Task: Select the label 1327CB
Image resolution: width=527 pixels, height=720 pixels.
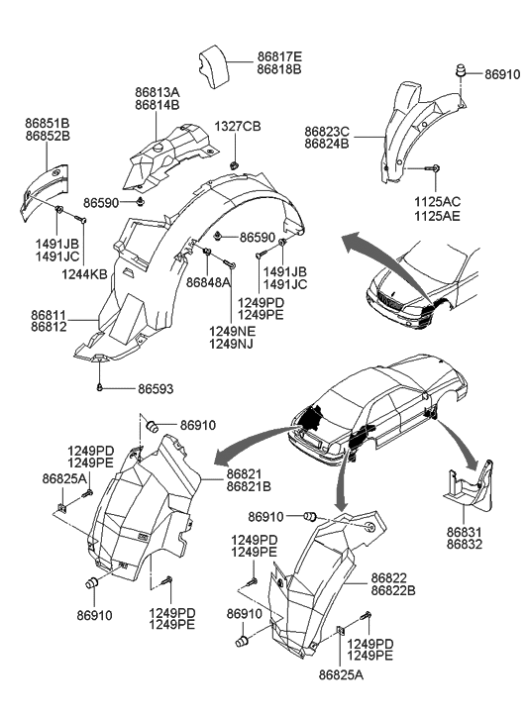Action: (239, 127)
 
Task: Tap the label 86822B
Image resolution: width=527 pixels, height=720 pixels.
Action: (393, 591)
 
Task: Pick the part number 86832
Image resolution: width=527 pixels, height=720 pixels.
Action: (466, 545)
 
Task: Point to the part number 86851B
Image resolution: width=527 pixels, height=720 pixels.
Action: (47, 124)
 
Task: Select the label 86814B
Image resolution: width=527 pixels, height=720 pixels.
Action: (158, 105)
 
